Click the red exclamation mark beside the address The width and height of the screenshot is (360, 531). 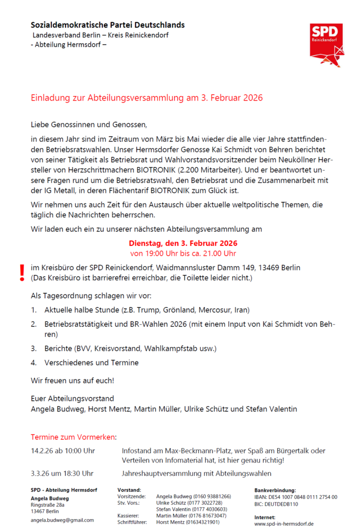pyautogui.click(x=22, y=273)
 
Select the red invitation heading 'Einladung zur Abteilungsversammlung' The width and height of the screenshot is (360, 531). pyautogui.click(x=147, y=98)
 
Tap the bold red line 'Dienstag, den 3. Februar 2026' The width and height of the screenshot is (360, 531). pyautogui.click(x=183, y=243)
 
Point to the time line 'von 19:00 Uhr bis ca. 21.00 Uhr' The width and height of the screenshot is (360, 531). pyautogui.click(x=183, y=254)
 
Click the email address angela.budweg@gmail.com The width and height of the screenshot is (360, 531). pyautogui.click(x=62, y=520)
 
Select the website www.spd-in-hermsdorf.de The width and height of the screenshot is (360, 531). pyautogui.click(x=284, y=524)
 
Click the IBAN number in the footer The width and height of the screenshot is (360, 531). pyautogui.click(x=296, y=497)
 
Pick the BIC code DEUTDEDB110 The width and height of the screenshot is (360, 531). pyautogui.click(x=276, y=504)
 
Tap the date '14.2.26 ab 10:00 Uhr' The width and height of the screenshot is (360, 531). pyautogui.click(x=63, y=451)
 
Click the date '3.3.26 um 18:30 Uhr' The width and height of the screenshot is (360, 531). pyautogui.click(x=62, y=473)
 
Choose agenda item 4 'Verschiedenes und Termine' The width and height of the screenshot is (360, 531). pyautogui.click(x=91, y=362)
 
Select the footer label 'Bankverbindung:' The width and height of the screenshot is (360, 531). pyautogui.click(x=275, y=490)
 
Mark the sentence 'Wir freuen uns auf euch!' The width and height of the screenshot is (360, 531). pyautogui.click(x=72, y=380)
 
